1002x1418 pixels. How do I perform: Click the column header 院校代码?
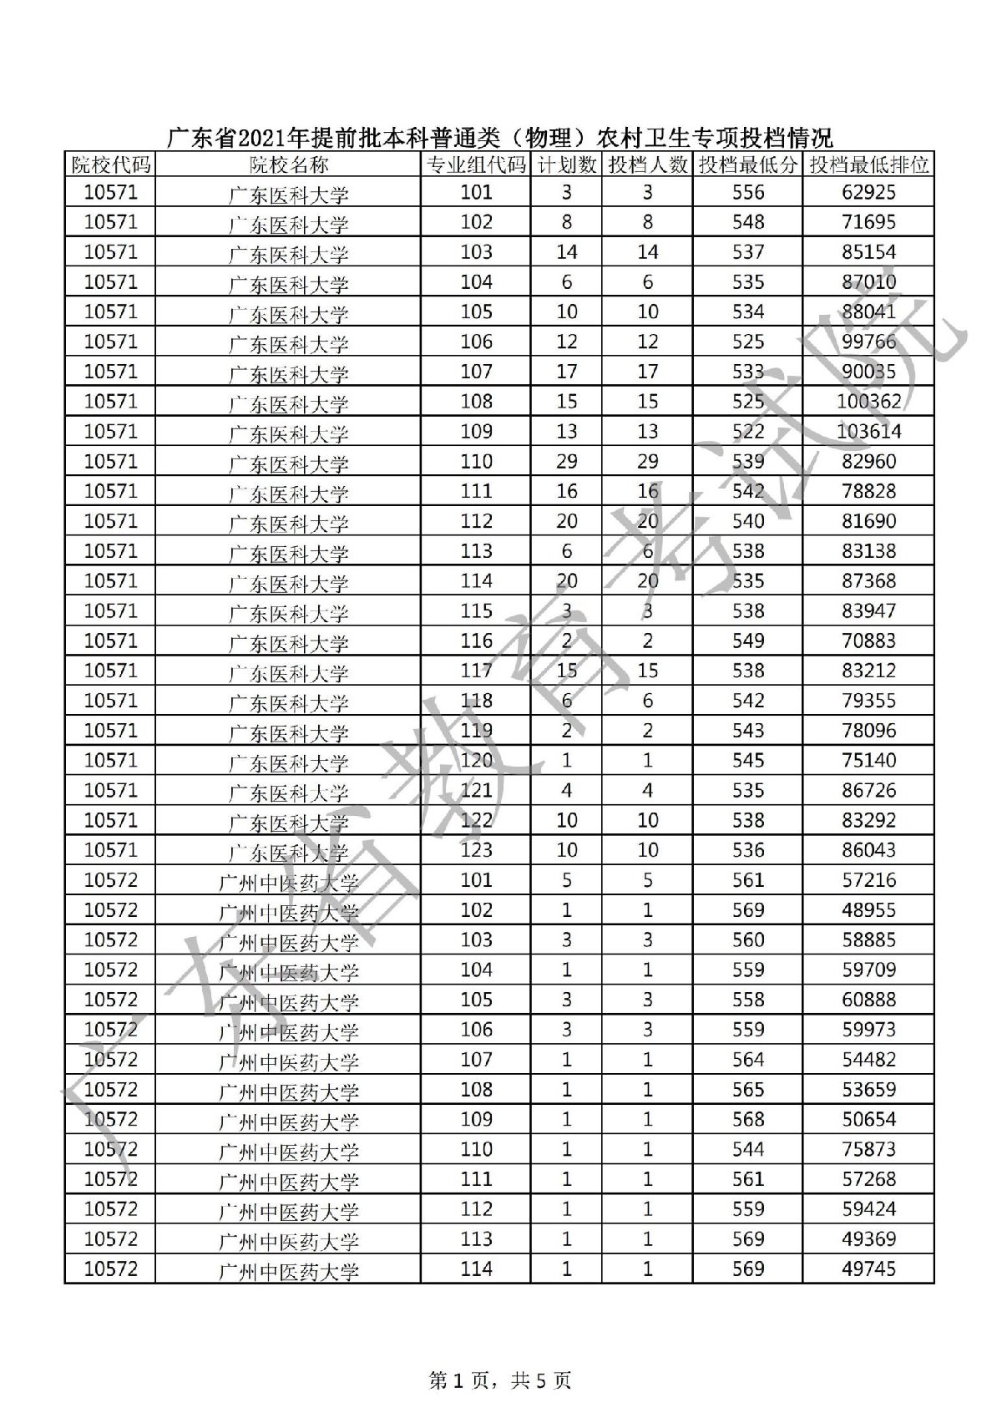click(x=110, y=165)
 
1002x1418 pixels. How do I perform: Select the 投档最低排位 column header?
click(x=868, y=165)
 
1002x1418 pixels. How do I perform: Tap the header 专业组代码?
click(x=476, y=165)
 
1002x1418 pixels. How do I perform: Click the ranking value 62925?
click(x=868, y=193)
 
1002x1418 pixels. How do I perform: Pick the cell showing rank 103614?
click(x=868, y=432)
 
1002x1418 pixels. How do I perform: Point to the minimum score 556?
click(x=747, y=193)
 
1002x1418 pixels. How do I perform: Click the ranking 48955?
click(x=868, y=910)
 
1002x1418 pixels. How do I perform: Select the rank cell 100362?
click(x=868, y=402)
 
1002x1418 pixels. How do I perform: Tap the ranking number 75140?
click(x=868, y=761)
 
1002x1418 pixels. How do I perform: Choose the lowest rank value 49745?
click(x=868, y=1269)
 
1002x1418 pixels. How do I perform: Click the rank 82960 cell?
click(x=868, y=462)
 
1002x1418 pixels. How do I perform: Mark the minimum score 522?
click(x=747, y=432)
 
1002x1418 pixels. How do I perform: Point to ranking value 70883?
click(x=868, y=641)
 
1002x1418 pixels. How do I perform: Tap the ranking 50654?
click(x=868, y=1120)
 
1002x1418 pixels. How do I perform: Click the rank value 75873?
click(x=868, y=1150)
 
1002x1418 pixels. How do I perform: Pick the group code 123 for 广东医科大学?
click(x=476, y=850)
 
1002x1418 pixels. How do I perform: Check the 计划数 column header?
click(x=566, y=165)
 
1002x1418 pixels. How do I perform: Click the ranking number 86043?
click(x=868, y=850)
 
